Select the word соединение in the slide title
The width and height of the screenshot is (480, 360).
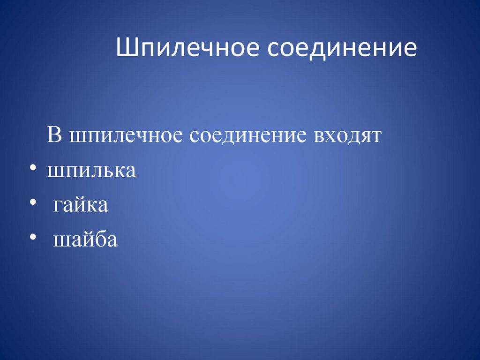tap(342, 49)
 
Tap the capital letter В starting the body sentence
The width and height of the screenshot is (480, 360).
tap(54, 136)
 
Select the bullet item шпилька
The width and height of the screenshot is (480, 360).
tap(91, 171)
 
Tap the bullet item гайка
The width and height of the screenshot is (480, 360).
tap(81, 205)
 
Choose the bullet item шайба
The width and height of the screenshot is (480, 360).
tap(85, 240)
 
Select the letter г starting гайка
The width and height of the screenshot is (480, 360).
tap(57, 206)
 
